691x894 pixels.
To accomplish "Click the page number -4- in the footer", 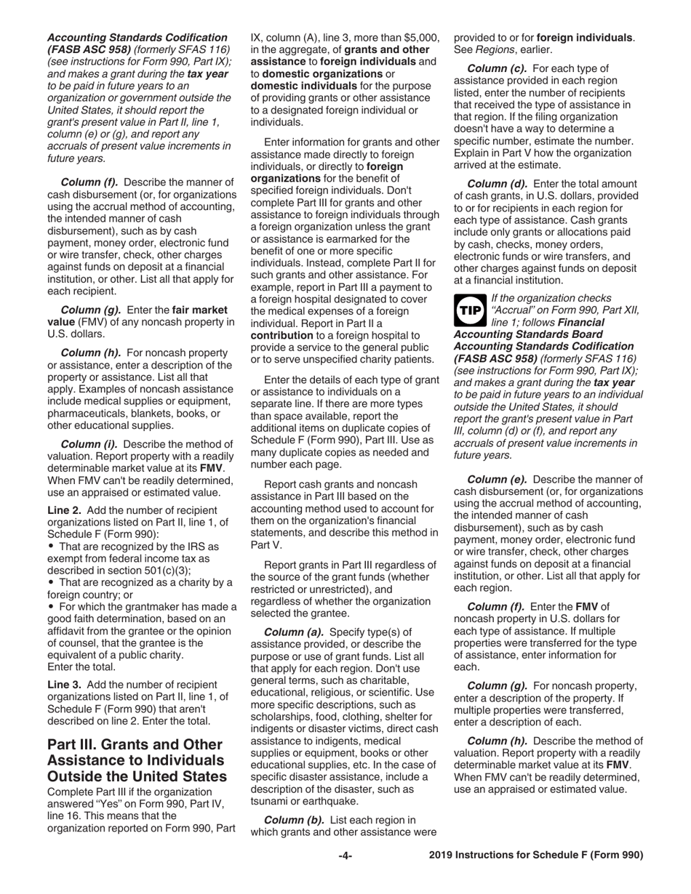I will (x=345, y=855).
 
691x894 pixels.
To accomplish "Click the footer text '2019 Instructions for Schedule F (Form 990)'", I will (x=536, y=855).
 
